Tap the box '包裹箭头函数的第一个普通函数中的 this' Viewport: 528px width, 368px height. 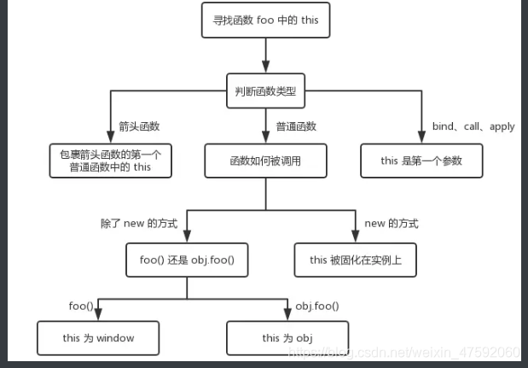point(111,160)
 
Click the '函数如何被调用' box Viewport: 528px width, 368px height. point(265,160)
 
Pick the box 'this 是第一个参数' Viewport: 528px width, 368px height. point(421,160)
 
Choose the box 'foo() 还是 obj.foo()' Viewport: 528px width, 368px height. point(187,259)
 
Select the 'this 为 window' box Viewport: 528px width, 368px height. point(98,337)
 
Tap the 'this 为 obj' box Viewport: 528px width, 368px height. point(287,337)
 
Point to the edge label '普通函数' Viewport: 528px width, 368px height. point(295,126)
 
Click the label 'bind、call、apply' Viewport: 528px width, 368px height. point(473,126)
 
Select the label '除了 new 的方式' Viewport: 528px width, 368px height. point(140,224)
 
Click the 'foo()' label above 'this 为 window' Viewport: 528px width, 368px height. point(82,305)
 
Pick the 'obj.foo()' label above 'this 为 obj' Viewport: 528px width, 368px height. point(316,305)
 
